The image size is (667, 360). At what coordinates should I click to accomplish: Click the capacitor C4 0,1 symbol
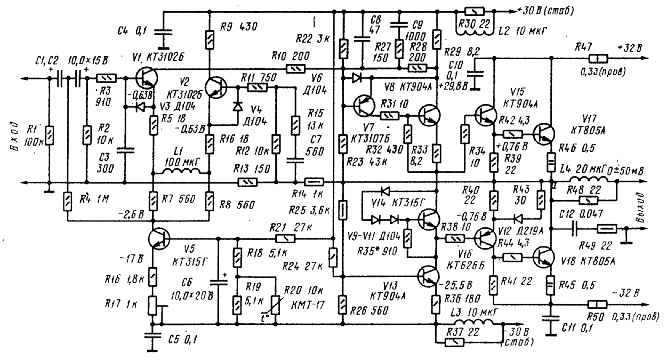163,31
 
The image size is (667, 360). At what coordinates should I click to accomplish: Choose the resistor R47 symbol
598,59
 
